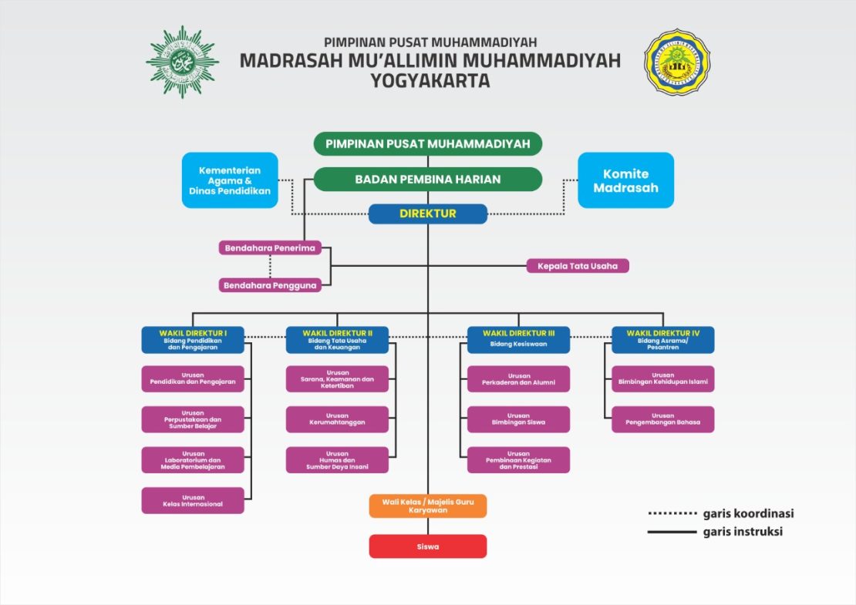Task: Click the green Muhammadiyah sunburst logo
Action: (182, 62)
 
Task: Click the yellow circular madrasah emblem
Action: (677, 62)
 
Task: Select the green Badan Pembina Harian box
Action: (427, 179)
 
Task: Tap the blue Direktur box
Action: (427, 213)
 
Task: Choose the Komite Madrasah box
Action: (625, 180)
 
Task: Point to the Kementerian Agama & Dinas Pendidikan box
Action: (230, 180)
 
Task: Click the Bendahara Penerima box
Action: (270, 248)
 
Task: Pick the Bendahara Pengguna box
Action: (270, 285)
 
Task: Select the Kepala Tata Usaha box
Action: (578, 266)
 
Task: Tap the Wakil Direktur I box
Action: (193, 340)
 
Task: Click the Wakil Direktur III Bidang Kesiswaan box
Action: (518, 340)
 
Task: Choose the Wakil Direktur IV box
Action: (662, 340)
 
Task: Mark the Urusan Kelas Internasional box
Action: (193, 500)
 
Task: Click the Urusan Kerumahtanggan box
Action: (337, 419)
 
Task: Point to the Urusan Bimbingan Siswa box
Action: (518, 419)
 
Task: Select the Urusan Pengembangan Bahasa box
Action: (662, 419)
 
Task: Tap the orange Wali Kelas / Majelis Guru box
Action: (427, 506)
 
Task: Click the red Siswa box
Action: (427, 546)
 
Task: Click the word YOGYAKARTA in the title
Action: (430, 80)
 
